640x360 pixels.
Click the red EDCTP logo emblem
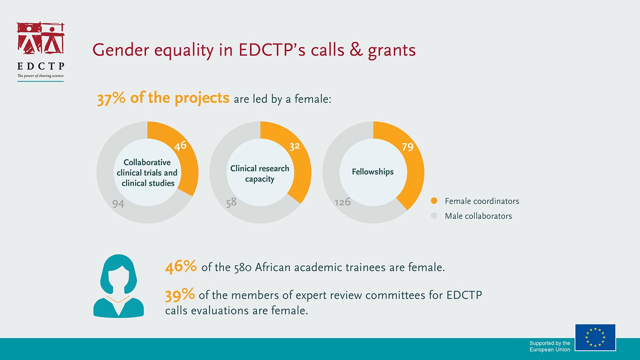[x=40, y=38]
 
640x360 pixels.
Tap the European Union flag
[x=595, y=338]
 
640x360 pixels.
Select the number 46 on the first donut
[x=180, y=146]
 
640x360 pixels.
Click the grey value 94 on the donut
[x=118, y=204]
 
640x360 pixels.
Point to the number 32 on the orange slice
[x=294, y=146]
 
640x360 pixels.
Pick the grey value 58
[x=231, y=202]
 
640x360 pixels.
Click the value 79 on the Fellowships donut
[x=408, y=147]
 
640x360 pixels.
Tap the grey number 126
[x=342, y=202]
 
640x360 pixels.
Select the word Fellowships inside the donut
[x=372, y=172]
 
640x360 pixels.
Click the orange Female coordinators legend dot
[x=434, y=200]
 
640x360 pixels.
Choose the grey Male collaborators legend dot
[x=434, y=216]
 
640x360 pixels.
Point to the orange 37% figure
[x=111, y=98]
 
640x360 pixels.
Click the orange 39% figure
[x=180, y=294]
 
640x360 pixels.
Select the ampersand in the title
[x=356, y=50]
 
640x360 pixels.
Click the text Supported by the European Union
[x=550, y=346]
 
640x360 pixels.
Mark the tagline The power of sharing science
[x=40, y=76]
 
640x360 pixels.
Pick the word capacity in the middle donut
[x=260, y=179]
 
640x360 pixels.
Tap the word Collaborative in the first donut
[x=147, y=162]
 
